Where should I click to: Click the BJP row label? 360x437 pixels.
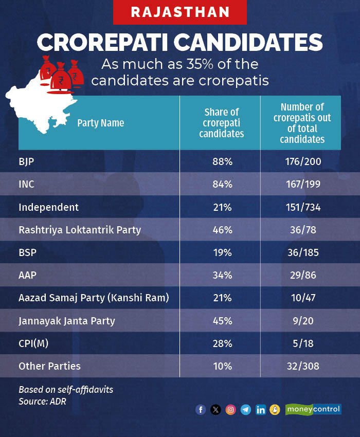click(x=27, y=161)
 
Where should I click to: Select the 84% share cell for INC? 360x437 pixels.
click(x=223, y=184)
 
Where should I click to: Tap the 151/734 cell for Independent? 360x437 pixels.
click(x=303, y=207)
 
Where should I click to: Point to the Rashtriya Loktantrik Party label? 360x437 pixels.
click(x=80, y=230)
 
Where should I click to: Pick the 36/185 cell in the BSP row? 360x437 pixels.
click(x=303, y=252)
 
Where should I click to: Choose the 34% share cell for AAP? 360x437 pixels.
click(x=223, y=275)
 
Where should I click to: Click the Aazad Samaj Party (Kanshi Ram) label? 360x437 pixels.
click(x=94, y=298)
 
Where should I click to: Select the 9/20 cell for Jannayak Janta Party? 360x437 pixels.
click(x=303, y=321)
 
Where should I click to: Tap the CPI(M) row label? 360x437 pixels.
click(x=33, y=343)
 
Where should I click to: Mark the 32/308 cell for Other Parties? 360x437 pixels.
click(x=303, y=367)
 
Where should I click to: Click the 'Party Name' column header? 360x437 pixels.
click(x=101, y=123)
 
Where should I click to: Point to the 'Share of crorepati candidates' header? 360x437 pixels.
click(x=222, y=123)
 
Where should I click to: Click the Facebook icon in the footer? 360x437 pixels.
click(x=201, y=410)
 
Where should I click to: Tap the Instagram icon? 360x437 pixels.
click(x=231, y=410)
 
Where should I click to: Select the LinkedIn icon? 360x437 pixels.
click(x=261, y=410)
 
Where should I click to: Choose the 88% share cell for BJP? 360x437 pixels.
click(x=223, y=161)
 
